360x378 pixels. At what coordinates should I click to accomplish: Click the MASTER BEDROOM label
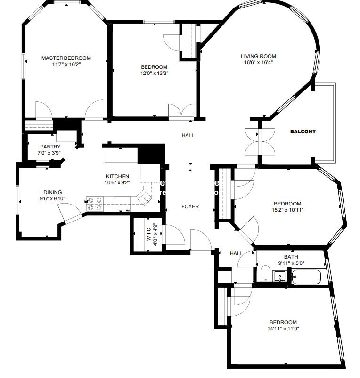point(66,58)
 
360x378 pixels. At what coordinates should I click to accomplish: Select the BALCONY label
point(303,132)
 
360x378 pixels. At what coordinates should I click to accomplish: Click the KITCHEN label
point(117,176)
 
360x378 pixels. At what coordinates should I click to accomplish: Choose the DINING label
point(52,192)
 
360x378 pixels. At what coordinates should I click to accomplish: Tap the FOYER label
point(190,206)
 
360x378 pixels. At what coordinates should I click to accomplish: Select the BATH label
point(291,257)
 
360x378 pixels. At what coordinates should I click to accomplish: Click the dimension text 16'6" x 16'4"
point(258,62)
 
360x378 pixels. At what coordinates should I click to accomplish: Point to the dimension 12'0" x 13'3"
point(154,73)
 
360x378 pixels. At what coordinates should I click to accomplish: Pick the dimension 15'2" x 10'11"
point(287,210)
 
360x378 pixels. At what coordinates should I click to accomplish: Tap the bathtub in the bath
point(307,277)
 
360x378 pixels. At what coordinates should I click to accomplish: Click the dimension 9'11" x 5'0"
point(291,263)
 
